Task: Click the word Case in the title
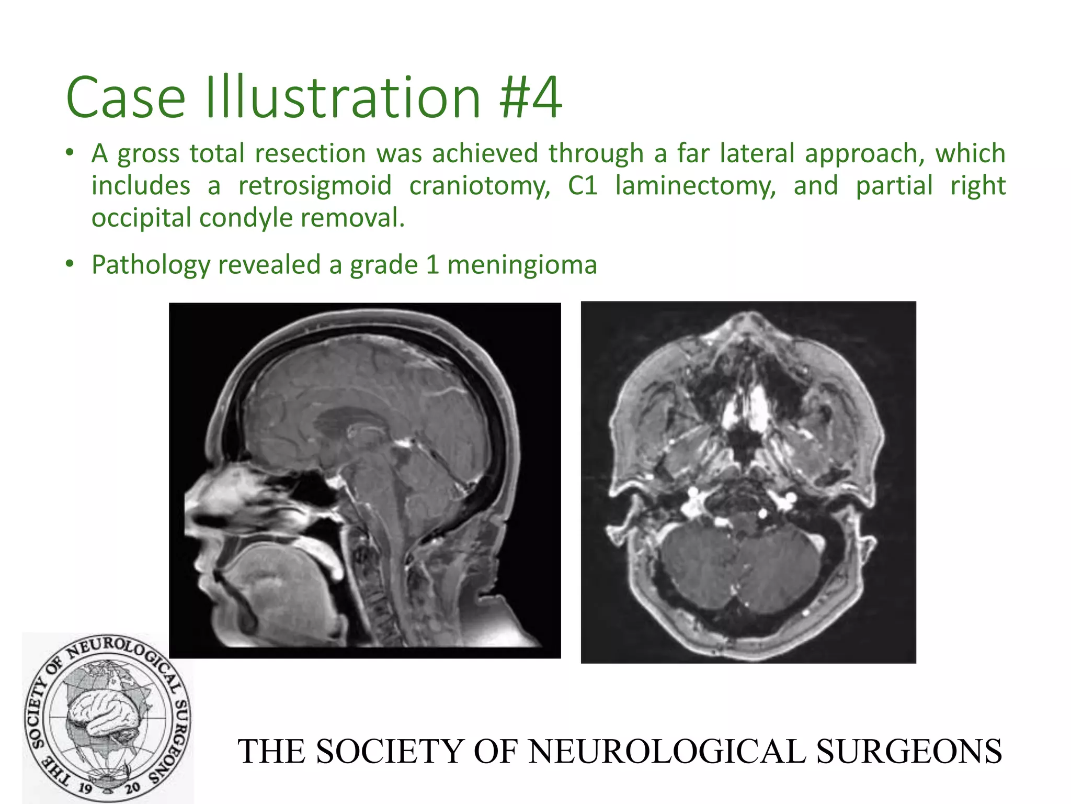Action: click(126, 98)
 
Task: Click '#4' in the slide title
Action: click(530, 98)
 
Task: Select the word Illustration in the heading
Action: click(343, 98)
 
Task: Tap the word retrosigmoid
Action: click(315, 186)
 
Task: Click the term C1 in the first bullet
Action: click(583, 186)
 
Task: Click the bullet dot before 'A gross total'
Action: click(69, 154)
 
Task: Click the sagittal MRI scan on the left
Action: click(364, 480)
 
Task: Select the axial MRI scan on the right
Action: click(748, 482)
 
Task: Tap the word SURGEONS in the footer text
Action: click(909, 752)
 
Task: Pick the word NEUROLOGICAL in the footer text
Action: click(666, 752)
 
